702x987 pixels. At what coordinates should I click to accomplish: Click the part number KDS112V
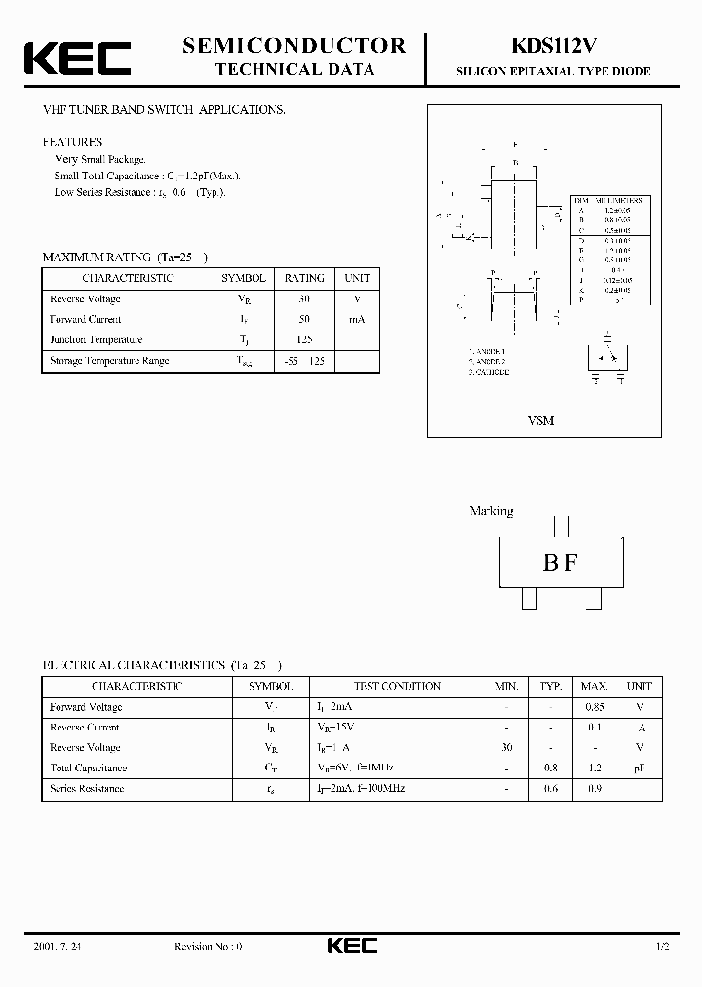tap(553, 46)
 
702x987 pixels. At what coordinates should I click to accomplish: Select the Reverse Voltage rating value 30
tap(304, 299)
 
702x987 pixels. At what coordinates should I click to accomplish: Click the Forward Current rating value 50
tap(304, 320)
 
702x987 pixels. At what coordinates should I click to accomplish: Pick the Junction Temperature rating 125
tap(304, 340)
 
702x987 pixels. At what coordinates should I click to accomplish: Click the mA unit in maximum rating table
tap(357, 320)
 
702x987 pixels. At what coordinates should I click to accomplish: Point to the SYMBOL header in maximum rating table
tap(243, 278)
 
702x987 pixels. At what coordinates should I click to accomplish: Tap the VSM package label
tap(540, 421)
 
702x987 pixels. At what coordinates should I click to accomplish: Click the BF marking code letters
tap(560, 563)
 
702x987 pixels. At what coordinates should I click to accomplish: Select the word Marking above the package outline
tap(491, 511)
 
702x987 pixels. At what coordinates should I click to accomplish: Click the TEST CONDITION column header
tap(397, 686)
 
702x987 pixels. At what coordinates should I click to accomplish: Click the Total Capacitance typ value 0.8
tap(551, 768)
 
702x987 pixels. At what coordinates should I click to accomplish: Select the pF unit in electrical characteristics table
tap(639, 768)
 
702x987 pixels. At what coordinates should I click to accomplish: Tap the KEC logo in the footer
tap(350, 946)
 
